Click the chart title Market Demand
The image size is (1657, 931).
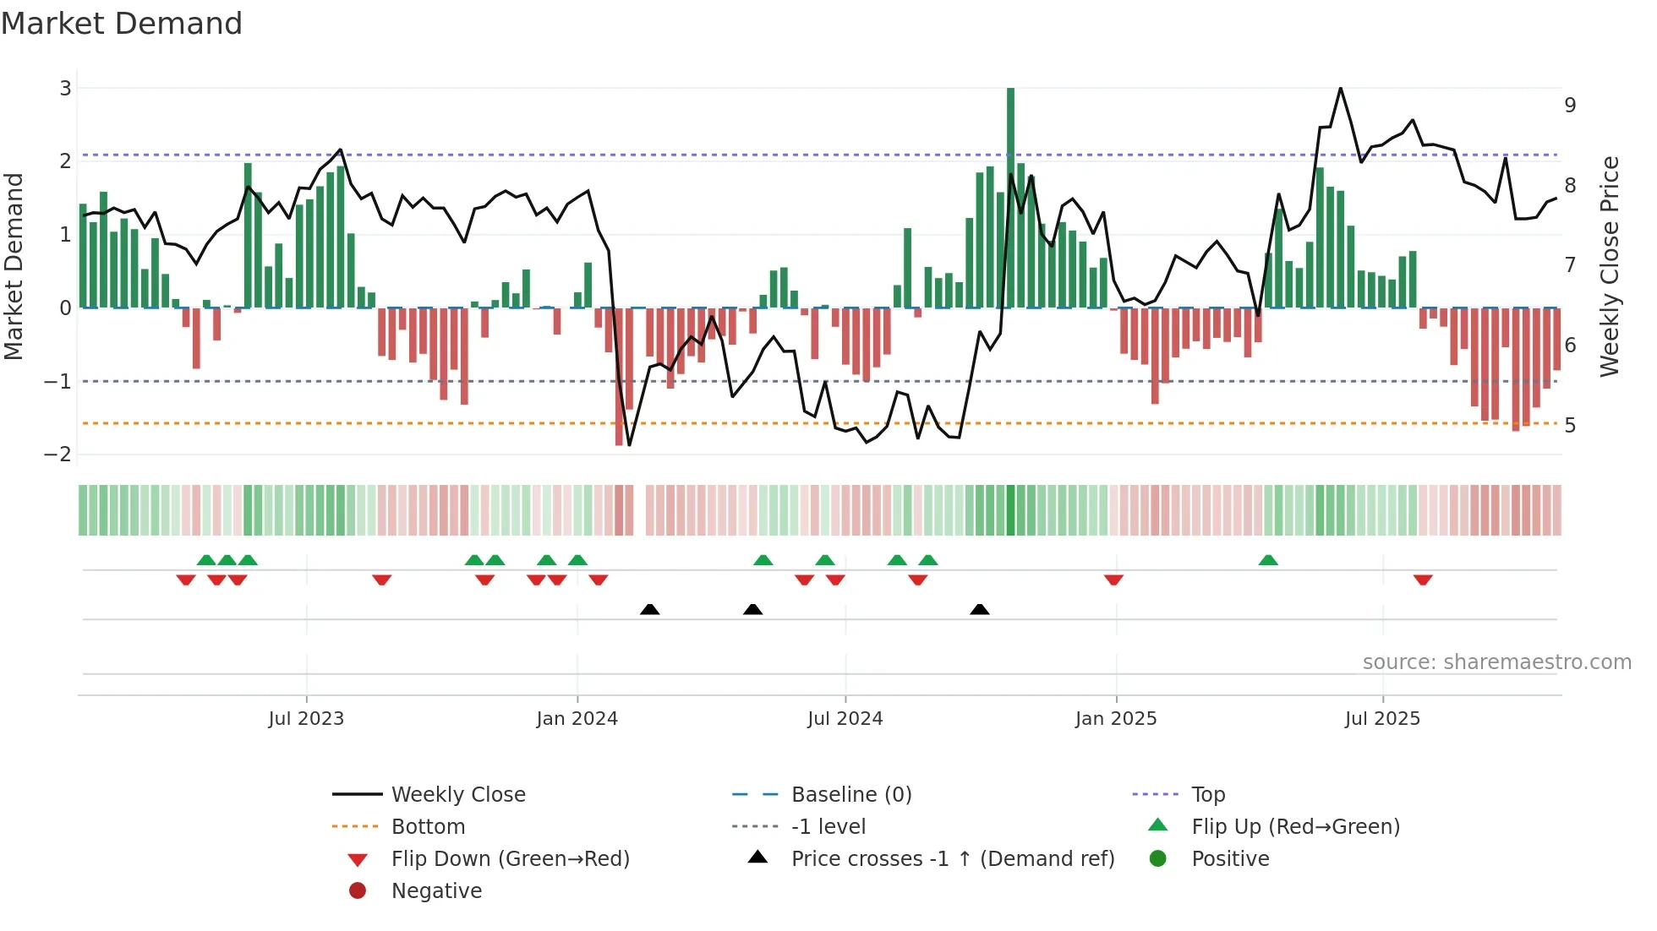pos(122,23)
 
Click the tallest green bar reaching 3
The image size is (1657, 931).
pos(1010,194)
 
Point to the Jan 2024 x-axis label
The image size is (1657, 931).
pos(577,719)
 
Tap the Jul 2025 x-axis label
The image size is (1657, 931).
pos(1382,719)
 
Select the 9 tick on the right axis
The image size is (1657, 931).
pos(1570,106)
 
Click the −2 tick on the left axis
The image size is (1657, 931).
pos(57,455)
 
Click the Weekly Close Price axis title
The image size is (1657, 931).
pos(1610,266)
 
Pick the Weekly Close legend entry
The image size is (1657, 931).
pos(457,795)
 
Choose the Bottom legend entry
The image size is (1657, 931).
pos(428,827)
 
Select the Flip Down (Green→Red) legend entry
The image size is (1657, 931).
pos(510,859)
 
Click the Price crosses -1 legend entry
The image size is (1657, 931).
pos(952,859)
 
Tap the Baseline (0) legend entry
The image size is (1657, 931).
pos(850,795)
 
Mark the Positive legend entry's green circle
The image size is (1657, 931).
pos(1158,859)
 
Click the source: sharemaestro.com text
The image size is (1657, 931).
pos(1496,662)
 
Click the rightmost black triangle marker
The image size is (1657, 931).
pos(980,609)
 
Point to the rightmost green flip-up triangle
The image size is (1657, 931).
pos(1268,560)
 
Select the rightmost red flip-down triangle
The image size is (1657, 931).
pos(1423,580)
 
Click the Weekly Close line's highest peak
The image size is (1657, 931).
pos(1341,88)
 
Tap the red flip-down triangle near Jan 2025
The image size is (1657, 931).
pos(1113,580)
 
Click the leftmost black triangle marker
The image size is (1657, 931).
pos(649,609)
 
